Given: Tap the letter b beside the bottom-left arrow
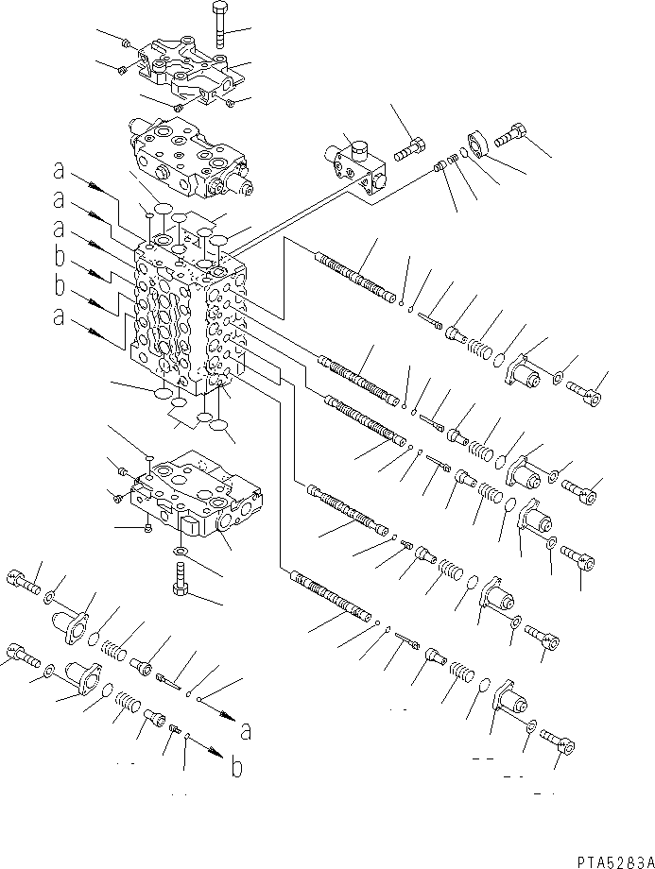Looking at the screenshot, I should pyautogui.click(x=236, y=767).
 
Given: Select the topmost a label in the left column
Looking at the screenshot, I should pyautogui.click(x=59, y=173).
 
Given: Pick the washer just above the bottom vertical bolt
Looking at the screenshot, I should pyautogui.click(x=180, y=550).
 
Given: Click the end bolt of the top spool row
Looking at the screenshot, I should pyautogui.click(x=582, y=389).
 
